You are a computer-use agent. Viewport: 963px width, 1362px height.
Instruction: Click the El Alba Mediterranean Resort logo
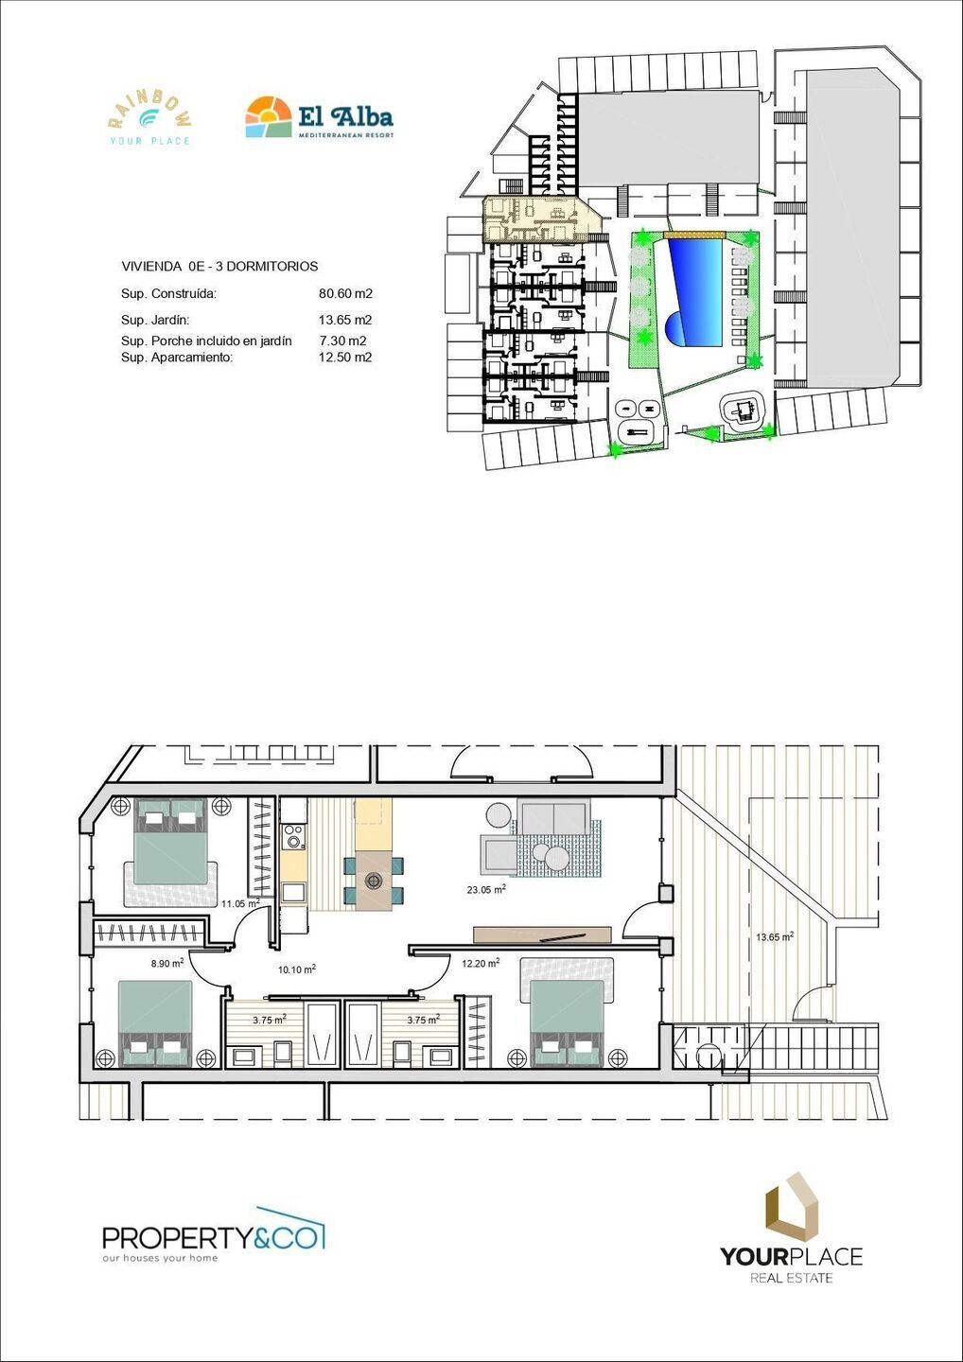point(319,118)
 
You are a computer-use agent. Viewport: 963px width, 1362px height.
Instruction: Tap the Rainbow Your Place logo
point(149,119)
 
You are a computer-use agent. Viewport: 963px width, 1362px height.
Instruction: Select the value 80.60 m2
point(345,294)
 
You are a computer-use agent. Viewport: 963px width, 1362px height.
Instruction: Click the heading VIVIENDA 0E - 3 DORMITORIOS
point(219,267)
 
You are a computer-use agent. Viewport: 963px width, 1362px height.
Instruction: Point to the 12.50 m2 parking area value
point(345,358)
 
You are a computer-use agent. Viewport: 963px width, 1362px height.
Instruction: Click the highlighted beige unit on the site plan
point(541,219)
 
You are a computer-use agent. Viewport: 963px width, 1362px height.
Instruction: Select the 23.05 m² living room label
point(485,889)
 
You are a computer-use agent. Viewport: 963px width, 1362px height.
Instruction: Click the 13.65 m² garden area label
point(774,937)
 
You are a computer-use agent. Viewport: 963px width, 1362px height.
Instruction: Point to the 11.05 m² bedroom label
point(240,903)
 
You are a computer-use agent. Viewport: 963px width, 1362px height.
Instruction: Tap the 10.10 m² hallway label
point(296,969)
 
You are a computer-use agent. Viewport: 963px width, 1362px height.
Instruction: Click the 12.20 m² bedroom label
point(480,964)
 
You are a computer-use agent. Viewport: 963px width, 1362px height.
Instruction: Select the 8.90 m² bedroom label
point(167,964)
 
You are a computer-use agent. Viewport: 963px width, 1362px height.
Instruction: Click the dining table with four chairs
point(374,880)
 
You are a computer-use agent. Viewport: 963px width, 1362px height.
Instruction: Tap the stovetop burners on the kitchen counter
point(293,836)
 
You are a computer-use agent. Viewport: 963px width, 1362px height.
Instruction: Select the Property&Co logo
point(213,1234)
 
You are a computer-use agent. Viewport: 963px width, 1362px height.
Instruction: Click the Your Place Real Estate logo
point(791,1230)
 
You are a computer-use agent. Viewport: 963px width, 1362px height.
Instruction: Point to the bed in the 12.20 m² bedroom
point(567,1017)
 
